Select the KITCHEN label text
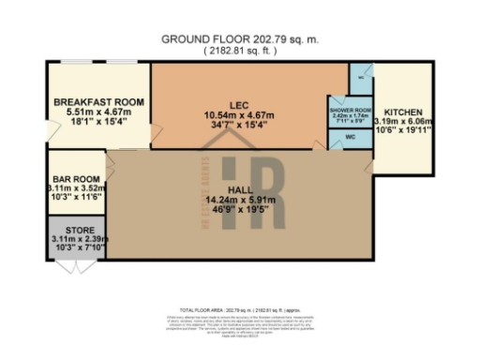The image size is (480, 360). [x=404, y=111]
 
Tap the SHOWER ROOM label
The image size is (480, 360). [x=349, y=110]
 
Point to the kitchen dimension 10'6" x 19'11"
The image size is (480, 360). [x=404, y=131]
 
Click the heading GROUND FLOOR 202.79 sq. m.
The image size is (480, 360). [x=239, y=39]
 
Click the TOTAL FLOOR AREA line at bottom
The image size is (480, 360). [x=239, y=309]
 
